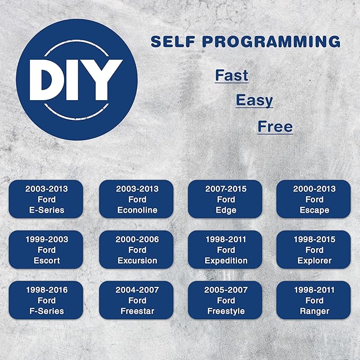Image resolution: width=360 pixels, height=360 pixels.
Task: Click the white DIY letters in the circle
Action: [76, 80]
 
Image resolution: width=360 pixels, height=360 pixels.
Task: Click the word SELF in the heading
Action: [173, 41]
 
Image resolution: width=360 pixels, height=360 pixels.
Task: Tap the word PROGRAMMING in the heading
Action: [271, 41]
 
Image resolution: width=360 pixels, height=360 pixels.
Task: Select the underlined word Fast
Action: [232, 75]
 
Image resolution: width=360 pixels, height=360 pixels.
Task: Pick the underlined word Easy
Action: [254, 101]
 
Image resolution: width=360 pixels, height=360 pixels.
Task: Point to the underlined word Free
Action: [275, 127]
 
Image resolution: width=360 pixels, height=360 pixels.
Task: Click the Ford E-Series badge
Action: [46, 199]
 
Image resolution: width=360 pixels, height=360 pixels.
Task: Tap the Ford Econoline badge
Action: [136, 199]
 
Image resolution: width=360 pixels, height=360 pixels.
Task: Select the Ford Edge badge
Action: [225, 199]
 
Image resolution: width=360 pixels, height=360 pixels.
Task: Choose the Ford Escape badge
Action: [314, 199]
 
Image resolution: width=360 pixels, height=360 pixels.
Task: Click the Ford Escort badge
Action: [46, 250]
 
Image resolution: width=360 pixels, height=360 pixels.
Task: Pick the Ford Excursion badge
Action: [136, 250]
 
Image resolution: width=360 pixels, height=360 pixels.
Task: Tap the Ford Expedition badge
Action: [225, 250]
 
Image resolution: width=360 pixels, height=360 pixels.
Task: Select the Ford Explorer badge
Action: [314, 250]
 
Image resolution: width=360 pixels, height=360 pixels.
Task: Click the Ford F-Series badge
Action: [46, 300]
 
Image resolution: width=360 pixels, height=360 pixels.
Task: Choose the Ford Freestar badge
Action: [136, 300]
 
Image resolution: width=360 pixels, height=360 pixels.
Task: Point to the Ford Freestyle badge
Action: [225, 300]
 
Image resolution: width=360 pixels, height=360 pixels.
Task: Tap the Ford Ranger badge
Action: [314, 300]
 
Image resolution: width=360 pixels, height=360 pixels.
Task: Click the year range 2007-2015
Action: [226, 189]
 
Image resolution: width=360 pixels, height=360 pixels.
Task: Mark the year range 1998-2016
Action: [47, 290]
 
